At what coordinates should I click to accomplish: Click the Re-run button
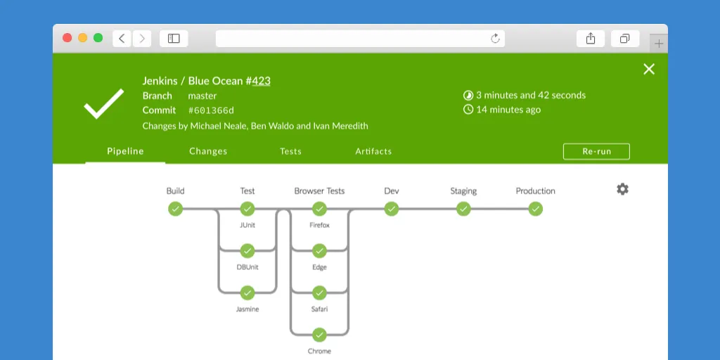click(596, 151)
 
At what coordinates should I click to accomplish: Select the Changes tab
click(208, 151)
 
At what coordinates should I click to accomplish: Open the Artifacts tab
click(373, 151)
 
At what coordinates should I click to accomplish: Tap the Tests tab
click(290, 151)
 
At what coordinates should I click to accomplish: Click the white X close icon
click(649, 69)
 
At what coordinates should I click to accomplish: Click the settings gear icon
click(622, 189)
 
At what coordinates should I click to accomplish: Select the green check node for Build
click(175, 209)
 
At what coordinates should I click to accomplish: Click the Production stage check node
click(535, 209)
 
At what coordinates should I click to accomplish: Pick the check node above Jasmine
click(247, 292)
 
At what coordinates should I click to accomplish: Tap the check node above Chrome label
click(319, 335)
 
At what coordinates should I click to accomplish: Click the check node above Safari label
click(319, 292)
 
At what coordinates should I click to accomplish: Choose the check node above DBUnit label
click(247, 250)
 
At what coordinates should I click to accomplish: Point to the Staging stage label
click(463, 191)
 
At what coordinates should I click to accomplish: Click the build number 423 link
click(261, 81)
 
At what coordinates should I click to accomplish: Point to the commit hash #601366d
click(211, 110)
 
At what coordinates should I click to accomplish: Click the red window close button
click(67, 38)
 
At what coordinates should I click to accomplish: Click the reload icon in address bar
click(495, 39)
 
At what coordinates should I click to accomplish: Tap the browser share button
click(591, 39)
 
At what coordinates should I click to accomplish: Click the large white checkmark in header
click(103, 103)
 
